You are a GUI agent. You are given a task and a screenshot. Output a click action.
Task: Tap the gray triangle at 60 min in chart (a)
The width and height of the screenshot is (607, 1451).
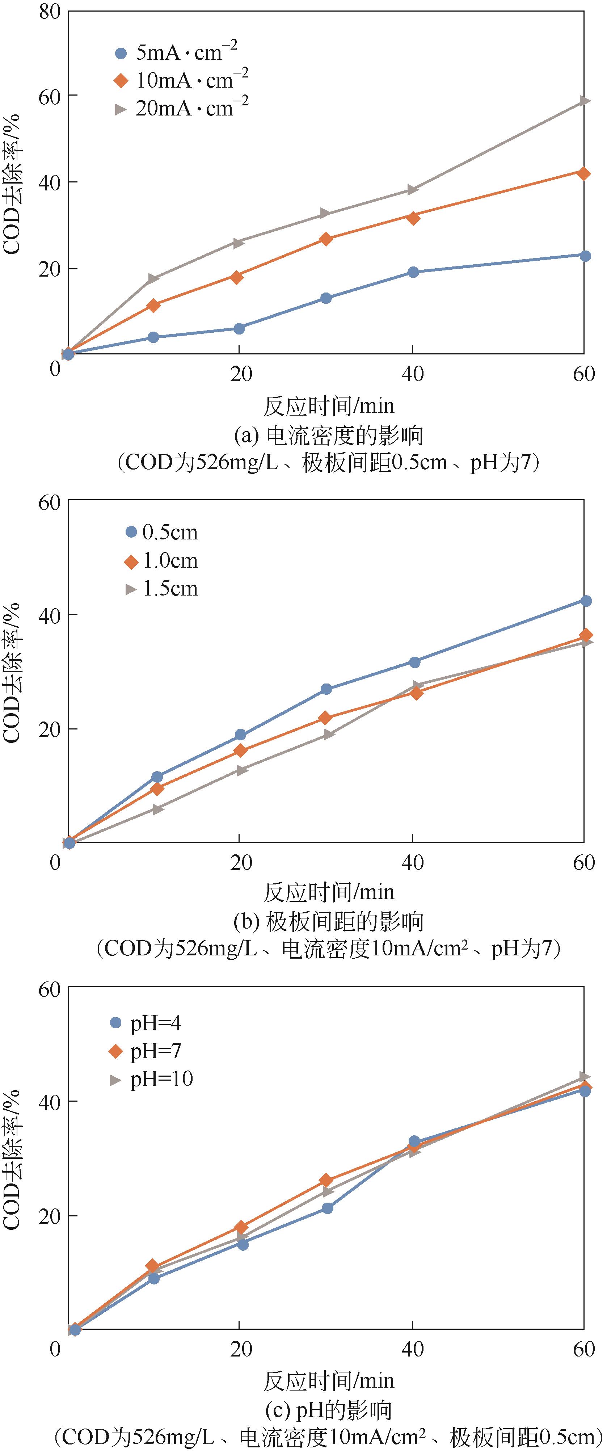[x=585, y=101]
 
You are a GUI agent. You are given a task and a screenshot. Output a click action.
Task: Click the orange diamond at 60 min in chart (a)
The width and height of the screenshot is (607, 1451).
[x=585, y=173]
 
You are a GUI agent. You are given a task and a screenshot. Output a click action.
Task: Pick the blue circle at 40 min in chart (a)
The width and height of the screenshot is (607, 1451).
[x=413, y=272]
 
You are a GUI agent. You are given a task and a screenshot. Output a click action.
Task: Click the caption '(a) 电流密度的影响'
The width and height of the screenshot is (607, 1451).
[x=328, y=436]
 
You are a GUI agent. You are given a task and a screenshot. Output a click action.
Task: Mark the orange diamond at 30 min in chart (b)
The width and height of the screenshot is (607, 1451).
[x=325, y=718]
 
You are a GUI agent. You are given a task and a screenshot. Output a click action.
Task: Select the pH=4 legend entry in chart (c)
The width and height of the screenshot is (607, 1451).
[x=146, y=1023]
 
